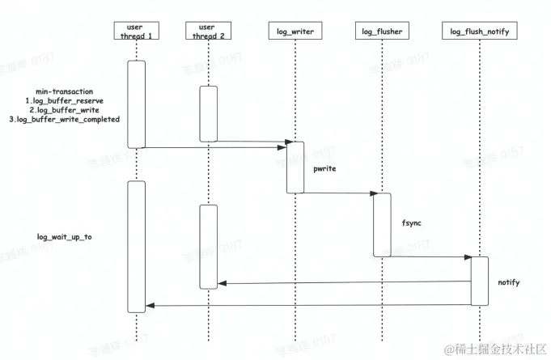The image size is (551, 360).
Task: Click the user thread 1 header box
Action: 135,32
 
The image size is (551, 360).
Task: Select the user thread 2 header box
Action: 207,32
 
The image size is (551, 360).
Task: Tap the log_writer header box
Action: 295,32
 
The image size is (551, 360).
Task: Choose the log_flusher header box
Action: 381,32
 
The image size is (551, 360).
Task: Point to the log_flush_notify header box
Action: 480,32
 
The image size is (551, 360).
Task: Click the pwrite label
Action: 324,169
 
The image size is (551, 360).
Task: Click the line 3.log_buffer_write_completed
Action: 64,120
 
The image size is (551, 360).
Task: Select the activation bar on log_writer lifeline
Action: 295,167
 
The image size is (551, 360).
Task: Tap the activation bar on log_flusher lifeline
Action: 382,225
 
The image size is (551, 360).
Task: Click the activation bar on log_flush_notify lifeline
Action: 480,281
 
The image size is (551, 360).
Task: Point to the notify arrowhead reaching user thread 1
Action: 149,305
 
